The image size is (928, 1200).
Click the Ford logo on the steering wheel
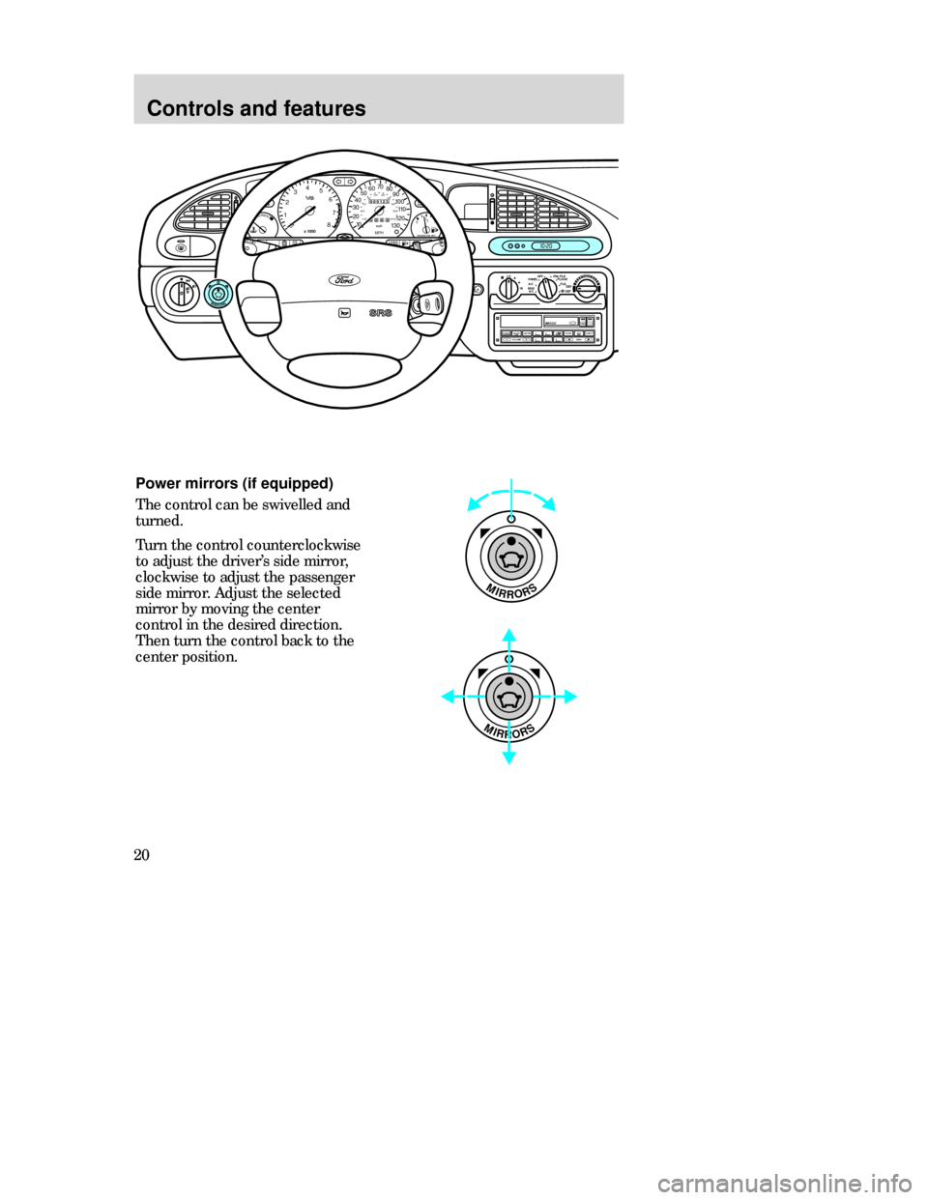[344, 280]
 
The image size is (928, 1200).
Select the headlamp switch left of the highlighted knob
[182, 291]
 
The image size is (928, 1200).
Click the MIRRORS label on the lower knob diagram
[507, 731]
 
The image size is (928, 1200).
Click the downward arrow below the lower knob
[508, 759]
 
